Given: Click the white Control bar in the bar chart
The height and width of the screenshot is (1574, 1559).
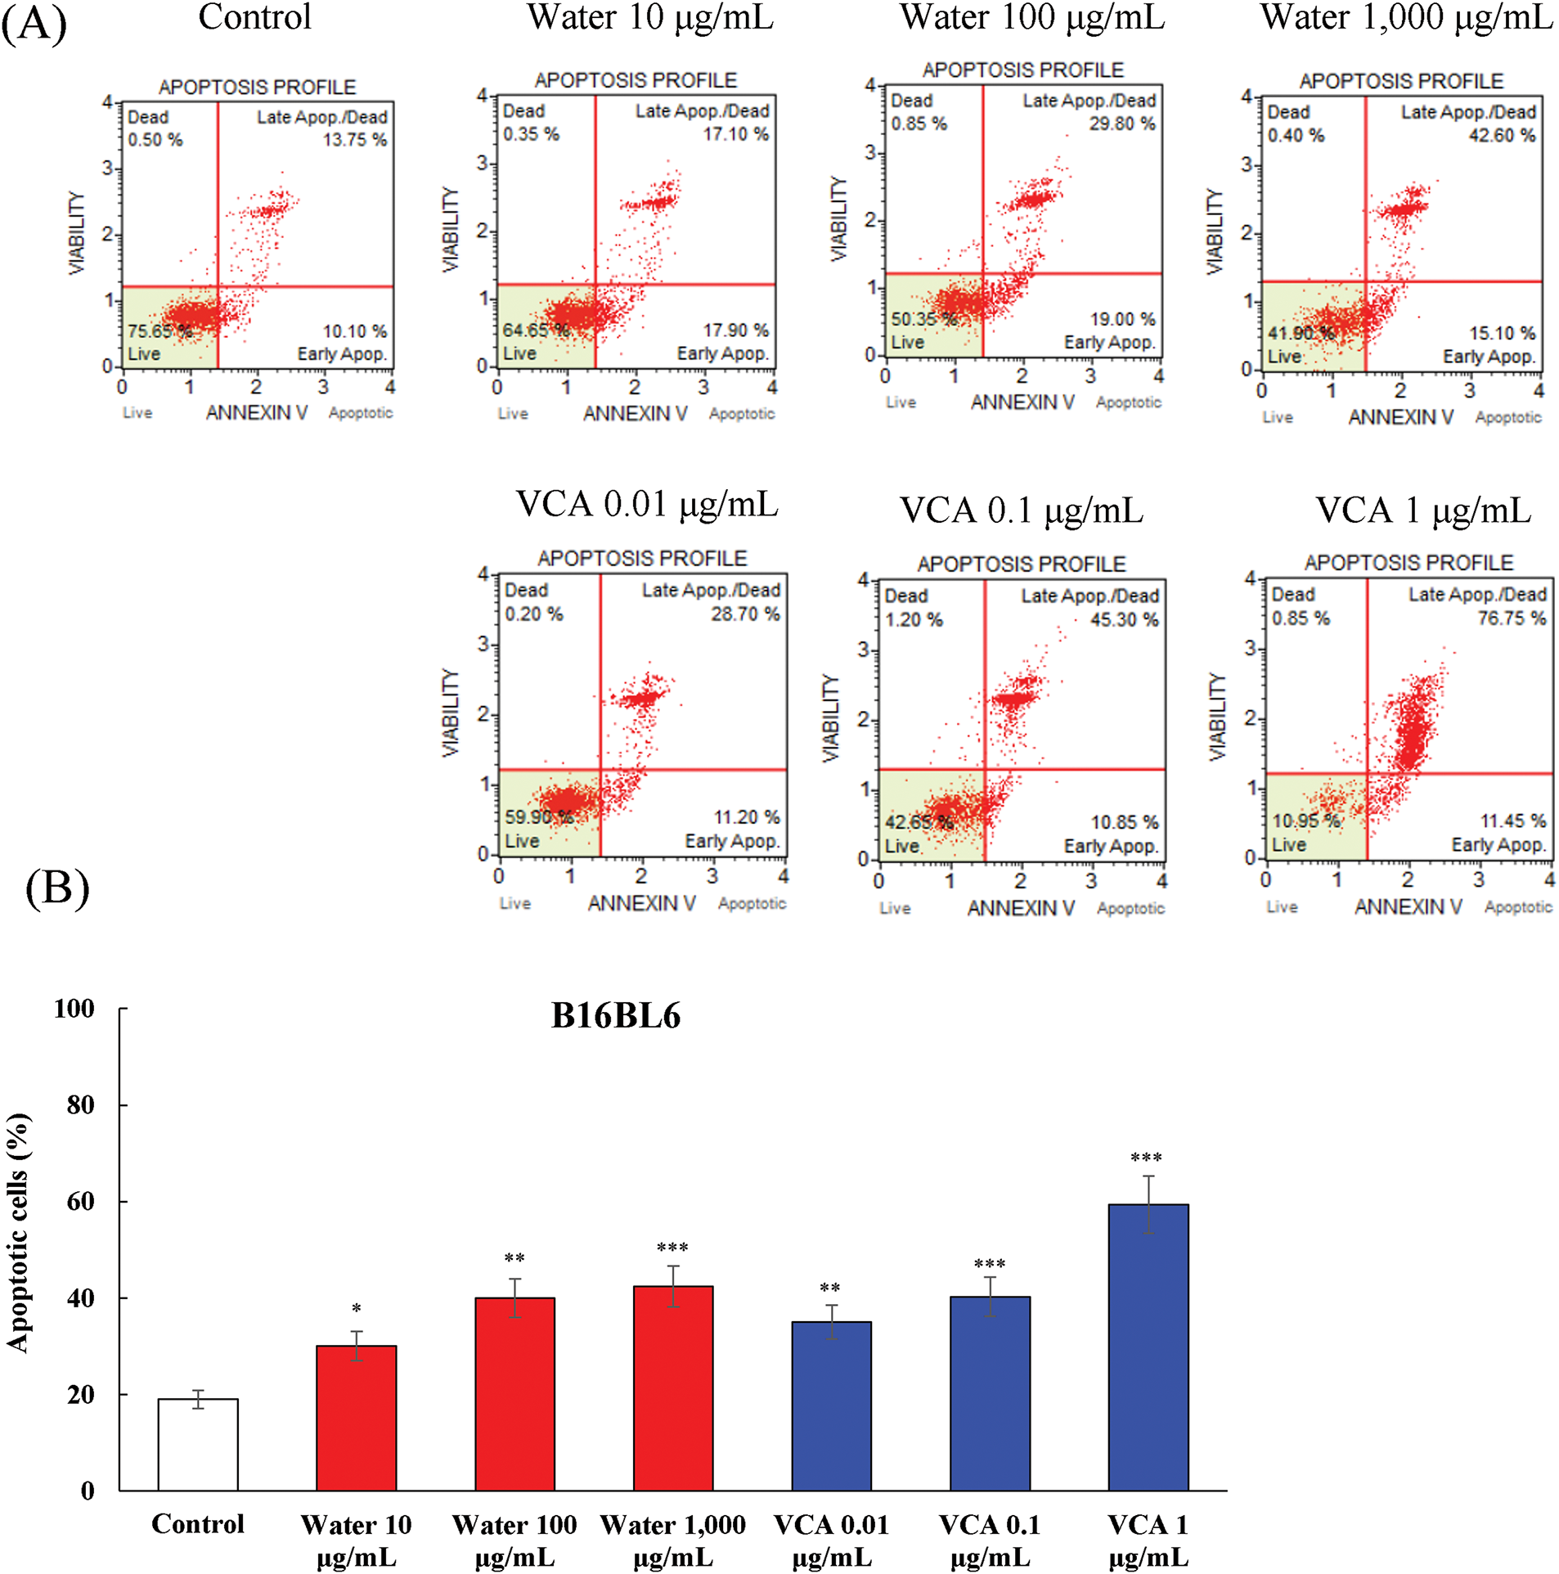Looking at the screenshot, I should [198, 1445].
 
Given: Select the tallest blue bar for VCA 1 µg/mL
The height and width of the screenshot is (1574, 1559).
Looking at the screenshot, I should [1148, 1347].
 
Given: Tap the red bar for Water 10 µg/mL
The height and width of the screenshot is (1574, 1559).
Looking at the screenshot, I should [356, 1418].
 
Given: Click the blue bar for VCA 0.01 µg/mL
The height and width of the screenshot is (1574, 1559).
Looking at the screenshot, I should [831, 1405].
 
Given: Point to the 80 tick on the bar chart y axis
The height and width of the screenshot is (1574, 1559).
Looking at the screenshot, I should [80, 1104].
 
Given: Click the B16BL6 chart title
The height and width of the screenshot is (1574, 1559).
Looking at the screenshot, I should [615, 1016].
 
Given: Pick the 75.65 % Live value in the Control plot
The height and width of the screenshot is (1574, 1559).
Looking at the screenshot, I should [159, 331].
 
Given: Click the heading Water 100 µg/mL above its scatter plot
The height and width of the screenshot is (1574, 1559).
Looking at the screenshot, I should [1032, 18].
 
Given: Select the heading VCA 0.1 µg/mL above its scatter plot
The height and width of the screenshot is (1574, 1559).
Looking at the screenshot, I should [1022, 510].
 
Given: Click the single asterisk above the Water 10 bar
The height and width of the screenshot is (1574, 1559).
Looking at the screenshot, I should [356, 1310].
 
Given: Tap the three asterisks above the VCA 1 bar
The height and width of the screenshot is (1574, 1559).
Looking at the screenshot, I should [1146, 1158].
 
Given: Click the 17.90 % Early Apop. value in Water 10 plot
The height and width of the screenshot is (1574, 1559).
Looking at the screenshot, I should [735, 330].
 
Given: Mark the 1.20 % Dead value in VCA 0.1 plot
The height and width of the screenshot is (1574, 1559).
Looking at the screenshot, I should [914, 620].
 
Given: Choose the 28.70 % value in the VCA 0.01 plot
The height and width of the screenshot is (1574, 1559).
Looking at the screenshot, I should [744, 614].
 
